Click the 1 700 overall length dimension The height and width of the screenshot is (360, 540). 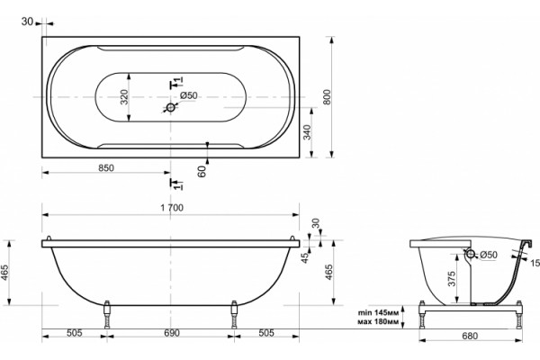[172, 208]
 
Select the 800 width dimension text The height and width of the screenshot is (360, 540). [327, 97]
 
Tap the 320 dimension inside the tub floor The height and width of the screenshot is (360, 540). [124, 97]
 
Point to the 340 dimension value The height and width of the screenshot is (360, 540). [307, 132]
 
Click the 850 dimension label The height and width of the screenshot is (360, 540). [106, 168]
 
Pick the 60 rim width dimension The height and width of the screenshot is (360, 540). [202, 171]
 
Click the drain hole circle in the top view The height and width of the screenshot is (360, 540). [171, 108]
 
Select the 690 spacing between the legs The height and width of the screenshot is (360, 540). [172, 333]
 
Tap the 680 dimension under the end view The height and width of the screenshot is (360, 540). [470, 336]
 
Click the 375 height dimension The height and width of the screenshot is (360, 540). [452, 279]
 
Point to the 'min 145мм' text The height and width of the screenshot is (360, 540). [379, 313]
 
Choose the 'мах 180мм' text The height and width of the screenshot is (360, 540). [379, 322]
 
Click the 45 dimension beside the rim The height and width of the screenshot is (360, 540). [305, 258]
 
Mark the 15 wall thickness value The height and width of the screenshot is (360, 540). [535, 263]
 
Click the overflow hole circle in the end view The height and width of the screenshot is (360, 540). [470, 254]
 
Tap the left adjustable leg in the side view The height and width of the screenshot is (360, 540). [107, 314]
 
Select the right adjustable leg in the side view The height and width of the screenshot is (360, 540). [234, 314]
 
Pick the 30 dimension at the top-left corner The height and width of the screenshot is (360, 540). [27, 22]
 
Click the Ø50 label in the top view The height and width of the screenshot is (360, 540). [189, 95]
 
